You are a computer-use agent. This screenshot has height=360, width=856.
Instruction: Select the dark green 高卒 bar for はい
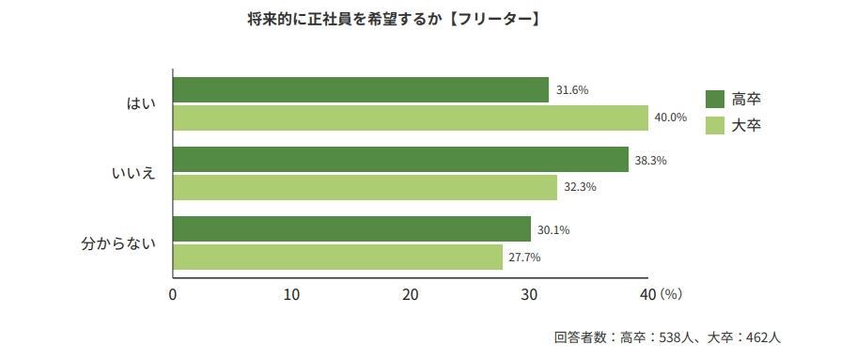coord(361,90)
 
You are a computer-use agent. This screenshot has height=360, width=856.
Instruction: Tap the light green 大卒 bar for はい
coord(411,117)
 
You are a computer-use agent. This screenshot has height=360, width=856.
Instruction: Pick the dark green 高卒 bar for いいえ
coord(400,160)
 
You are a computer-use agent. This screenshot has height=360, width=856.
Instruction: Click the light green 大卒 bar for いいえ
coord(365,187)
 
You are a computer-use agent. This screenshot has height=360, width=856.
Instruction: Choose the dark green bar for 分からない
coord(351,229)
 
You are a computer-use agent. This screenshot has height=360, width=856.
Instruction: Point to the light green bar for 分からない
coord(337,257)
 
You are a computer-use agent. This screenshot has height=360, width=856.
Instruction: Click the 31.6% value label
coord(572,90)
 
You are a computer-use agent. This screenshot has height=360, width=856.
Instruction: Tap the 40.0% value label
coord(671,117)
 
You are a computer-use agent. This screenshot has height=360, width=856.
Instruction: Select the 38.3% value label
coord(650,160)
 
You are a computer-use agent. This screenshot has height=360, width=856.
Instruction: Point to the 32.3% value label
coord(580,187)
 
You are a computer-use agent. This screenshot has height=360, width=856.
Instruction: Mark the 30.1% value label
coord(553,229)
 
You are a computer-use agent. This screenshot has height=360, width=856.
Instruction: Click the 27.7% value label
coord(525,257)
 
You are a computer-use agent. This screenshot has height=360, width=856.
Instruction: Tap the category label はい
coord(141,103)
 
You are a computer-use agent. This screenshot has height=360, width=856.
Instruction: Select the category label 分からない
coord(117,243)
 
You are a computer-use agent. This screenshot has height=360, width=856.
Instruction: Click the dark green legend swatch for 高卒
coord(714,99)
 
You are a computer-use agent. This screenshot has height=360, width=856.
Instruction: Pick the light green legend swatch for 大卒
coord(714,125)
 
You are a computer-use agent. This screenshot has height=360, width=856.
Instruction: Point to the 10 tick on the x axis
coord(291,294)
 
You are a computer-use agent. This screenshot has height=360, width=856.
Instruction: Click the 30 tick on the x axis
coord(529,294)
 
